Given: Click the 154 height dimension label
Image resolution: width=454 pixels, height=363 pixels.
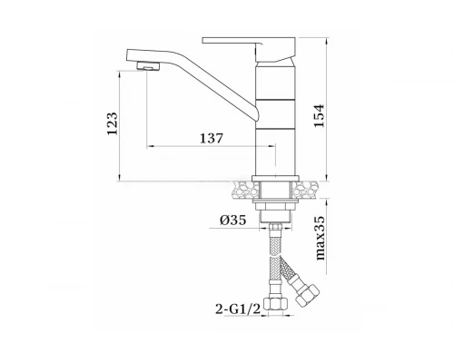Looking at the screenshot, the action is click(319, 116).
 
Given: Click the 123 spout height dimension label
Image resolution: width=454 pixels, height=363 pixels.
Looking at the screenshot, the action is click(113, 123).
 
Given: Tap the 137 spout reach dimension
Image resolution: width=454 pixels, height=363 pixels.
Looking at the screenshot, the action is click(212, 138).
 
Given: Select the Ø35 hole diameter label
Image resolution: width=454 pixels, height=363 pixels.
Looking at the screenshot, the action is click(232, 221).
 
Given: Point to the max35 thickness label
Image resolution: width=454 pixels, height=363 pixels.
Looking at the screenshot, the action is click(321, 238).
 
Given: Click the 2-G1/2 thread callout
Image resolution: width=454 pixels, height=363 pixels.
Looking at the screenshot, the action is click(238, 309).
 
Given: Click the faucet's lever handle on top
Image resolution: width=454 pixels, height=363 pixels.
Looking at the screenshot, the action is click(249, 48).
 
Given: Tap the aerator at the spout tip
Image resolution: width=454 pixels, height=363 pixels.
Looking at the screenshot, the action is click(148, 65).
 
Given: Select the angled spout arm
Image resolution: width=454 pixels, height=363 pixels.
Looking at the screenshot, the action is click(192, 83).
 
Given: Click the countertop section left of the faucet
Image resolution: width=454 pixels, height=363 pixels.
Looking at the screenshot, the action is click(243, 190).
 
